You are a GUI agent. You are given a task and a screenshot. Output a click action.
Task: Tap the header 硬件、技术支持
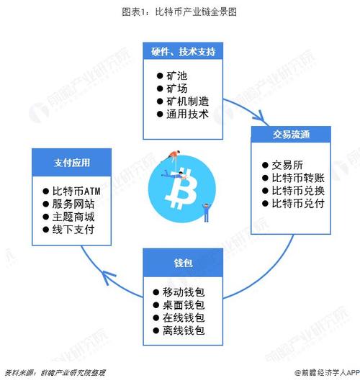[183, 52]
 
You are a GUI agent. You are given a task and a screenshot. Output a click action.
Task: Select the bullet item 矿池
[177, 76]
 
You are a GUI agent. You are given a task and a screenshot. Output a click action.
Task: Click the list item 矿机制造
[188, 102]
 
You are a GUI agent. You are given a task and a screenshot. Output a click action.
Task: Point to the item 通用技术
[188, 114]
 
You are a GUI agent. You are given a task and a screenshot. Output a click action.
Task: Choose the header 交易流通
[292, 135]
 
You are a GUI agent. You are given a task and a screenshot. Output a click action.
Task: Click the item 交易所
[287, 165]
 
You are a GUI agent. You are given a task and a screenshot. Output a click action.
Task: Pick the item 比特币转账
[298, 178]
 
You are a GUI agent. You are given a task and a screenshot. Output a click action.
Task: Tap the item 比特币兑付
[298, 203]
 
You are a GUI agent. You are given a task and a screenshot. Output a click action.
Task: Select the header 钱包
[183, 263]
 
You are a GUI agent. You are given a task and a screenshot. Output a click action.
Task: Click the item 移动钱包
[184, 292]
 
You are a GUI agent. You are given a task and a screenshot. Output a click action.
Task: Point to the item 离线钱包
[184, 330]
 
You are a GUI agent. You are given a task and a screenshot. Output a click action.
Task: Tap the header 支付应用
[72, 163]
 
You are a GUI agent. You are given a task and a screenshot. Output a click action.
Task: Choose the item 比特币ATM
[76, 191]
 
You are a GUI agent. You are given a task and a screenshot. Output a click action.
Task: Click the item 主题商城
[73, 217]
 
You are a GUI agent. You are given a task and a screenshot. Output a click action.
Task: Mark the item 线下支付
[73, 230]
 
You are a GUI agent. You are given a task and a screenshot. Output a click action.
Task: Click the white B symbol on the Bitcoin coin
[181, 189]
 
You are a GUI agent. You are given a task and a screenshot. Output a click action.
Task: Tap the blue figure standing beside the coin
[207, 212]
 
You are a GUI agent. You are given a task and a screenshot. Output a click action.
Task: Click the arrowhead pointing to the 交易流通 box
[261, 117]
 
